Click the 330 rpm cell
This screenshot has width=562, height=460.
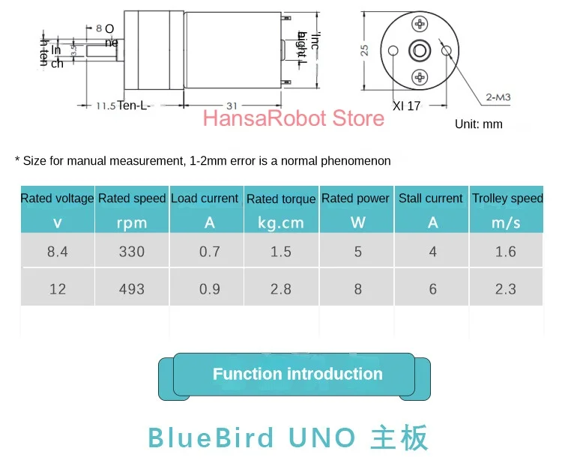(131, 252)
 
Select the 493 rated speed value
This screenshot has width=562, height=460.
(131, 289)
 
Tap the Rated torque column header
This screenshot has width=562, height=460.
(281, 199)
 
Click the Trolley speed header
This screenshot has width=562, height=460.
(507, 199)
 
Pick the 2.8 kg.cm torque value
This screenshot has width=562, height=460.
(281, 289)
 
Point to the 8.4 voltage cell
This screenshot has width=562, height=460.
(57, 252)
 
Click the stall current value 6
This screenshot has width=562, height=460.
(432, 289)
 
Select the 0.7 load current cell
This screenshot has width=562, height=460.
(209, 252)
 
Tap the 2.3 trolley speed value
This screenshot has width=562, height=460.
(506, 289)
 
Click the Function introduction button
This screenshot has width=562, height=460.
(297, 375)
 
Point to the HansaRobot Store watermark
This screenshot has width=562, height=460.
(293, 118)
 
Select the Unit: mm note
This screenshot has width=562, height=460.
(479, 124)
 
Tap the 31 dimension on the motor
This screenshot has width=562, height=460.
(232, 106)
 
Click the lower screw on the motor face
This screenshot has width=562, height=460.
(419, 76)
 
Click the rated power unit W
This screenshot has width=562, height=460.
(357, 223)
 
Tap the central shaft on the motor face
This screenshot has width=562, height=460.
(419, 51)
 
